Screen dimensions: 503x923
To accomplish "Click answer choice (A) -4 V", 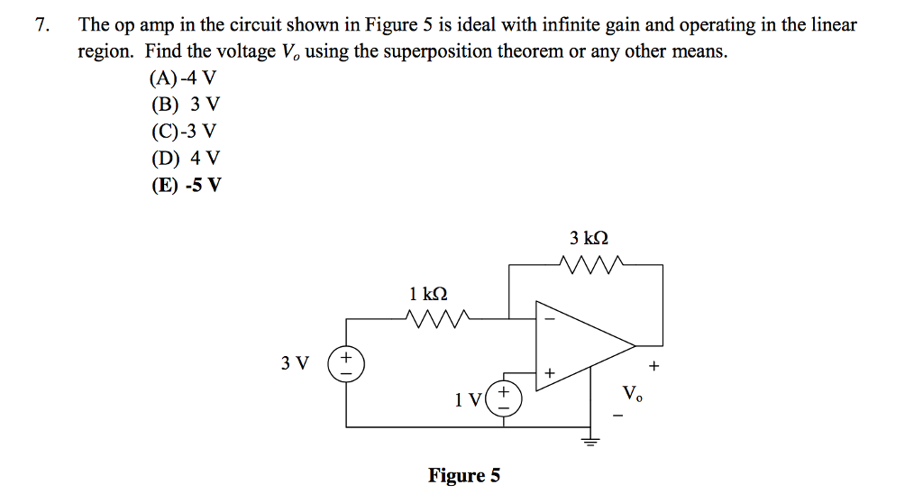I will [183, 78].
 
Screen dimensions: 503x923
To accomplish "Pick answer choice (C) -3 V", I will [183, 132].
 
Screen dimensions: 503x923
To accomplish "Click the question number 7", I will [40, 25].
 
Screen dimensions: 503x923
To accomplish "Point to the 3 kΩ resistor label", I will [589, 239].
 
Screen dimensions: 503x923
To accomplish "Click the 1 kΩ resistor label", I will [427, 294].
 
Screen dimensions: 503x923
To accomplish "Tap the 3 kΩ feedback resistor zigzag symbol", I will [589, 265].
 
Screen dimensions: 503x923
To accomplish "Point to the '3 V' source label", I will [295, 364].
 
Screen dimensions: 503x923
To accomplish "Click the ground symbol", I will [591, 441].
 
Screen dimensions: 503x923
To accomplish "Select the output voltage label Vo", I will [632, 393].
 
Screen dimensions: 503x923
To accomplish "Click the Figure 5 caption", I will [464, 475].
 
